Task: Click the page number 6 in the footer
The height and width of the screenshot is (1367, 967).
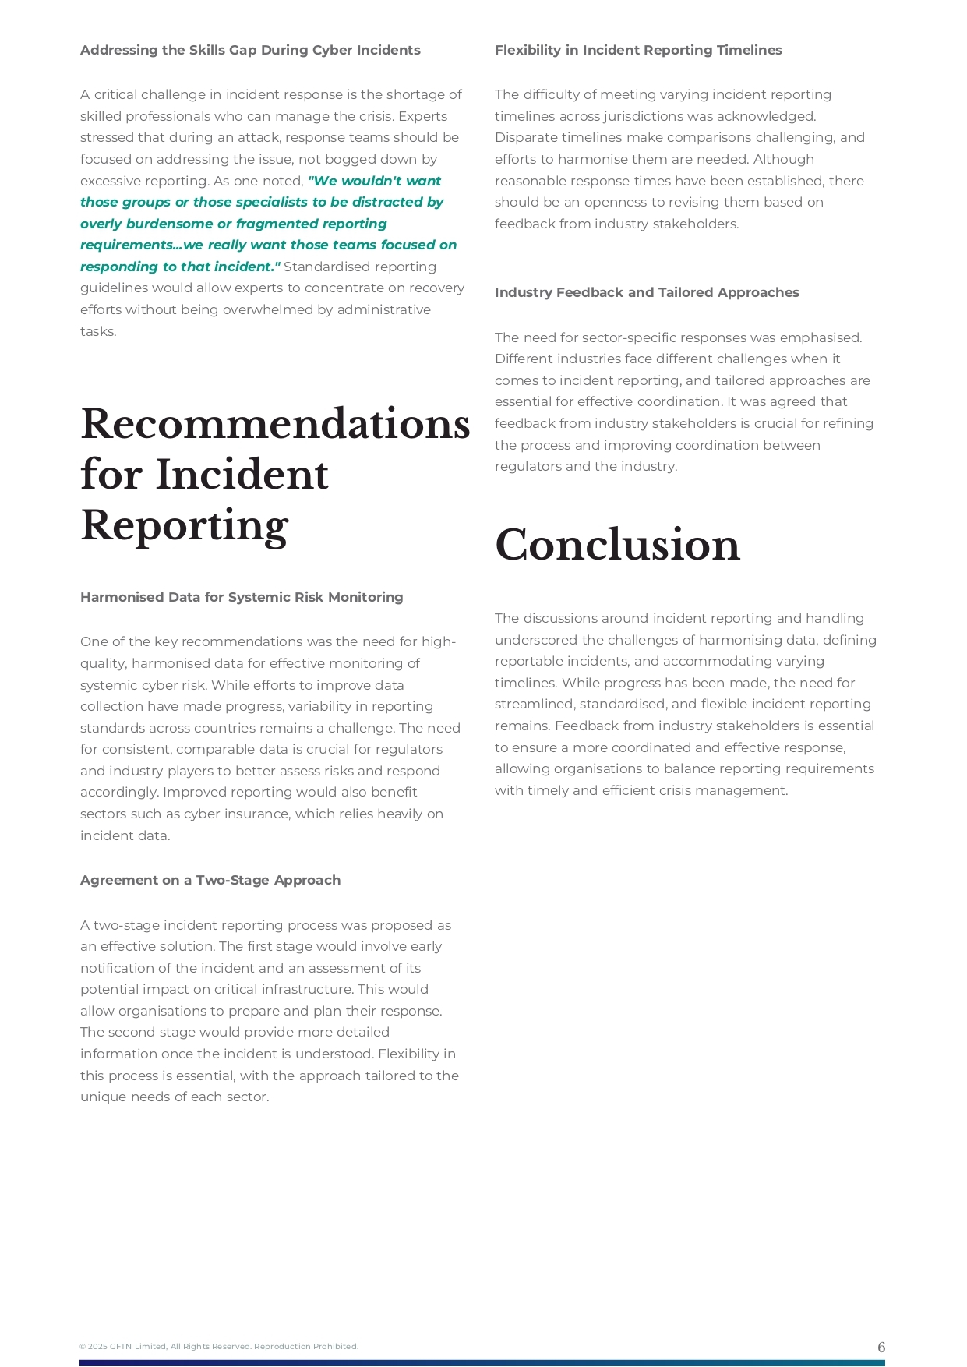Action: pyautogui.click(x=881, y=1348)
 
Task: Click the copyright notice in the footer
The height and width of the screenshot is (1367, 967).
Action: pyautogui.click(x=219, y=1347)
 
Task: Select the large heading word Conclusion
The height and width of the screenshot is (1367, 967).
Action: pyautogui.click(x=617, y=545)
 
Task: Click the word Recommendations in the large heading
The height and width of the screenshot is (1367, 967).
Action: pyautogui.click(x=275, y=424)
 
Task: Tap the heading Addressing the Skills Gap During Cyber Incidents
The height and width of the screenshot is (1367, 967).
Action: pyautogui.click(x=250, y=51)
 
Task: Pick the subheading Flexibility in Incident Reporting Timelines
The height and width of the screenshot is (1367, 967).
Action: pyautogui.click(x=638, y=51)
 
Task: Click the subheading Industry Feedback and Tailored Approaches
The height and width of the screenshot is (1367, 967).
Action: pyautogui.click(x=647, y=293)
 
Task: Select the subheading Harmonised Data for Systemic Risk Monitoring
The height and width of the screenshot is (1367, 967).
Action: pyautogui.click(x=242, y=598)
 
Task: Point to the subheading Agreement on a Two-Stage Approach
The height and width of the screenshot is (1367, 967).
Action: pyautogui.click(x=210, y=881)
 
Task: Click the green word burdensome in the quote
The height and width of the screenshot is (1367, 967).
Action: pyautogui.click(x=169, y=224)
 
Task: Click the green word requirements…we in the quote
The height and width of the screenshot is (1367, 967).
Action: pyautogui.click(x=142, y=245)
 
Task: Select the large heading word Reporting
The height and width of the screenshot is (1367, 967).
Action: pyautogui.click(x=185, y=526)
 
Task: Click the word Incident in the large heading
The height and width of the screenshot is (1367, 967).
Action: pyautogui.click(x=242, y=475)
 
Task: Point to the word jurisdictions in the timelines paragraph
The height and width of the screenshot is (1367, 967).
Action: pyautogui.click(x=642, y=117)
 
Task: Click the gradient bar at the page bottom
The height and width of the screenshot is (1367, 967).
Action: pyautogui.click(x=482, y=1363)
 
